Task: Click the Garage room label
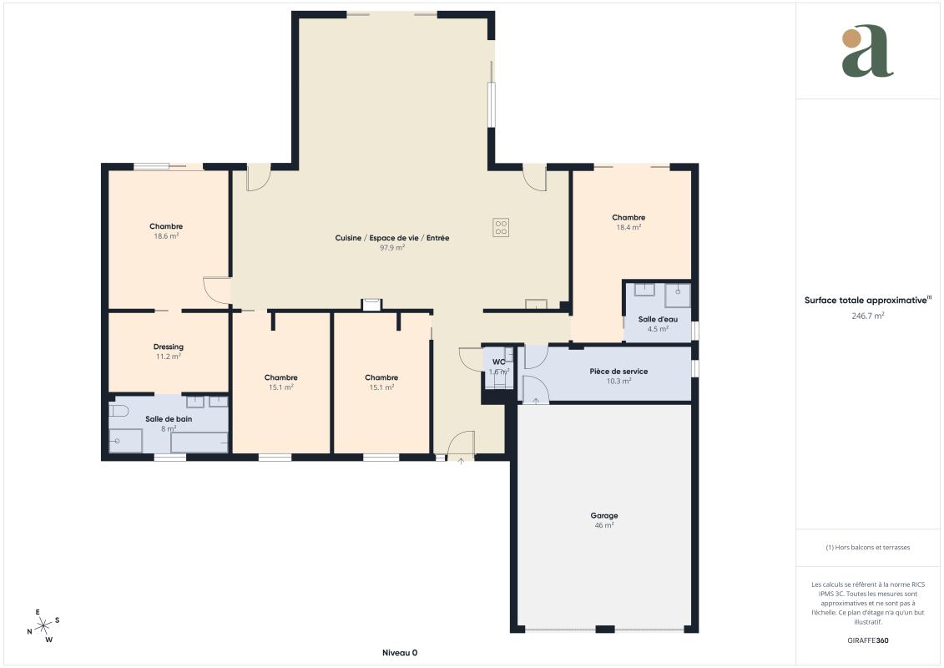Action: (603, 515)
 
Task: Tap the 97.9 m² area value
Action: (392, 247)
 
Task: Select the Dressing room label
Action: (169, 347)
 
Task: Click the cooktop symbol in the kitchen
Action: (501, 227)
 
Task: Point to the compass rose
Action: (43, 626)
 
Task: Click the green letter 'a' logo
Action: (867, 51)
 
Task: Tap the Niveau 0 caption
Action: (400, 653)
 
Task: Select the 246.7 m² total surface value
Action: (867, 316)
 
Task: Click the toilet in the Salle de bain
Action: (119, 411)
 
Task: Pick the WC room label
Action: (499, 362)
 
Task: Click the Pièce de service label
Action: (618, 372)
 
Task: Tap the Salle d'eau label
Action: (658, 319)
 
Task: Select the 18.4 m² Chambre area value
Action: (628, 228)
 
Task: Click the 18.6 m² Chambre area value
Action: (166, 236)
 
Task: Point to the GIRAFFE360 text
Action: (867, 640)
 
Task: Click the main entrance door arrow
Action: (462, 461)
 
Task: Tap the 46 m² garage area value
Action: (603, 526)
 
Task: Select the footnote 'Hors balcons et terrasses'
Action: (867, 548)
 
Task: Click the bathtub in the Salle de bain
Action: (199, 442)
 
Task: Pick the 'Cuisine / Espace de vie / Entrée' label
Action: (392, 238)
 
